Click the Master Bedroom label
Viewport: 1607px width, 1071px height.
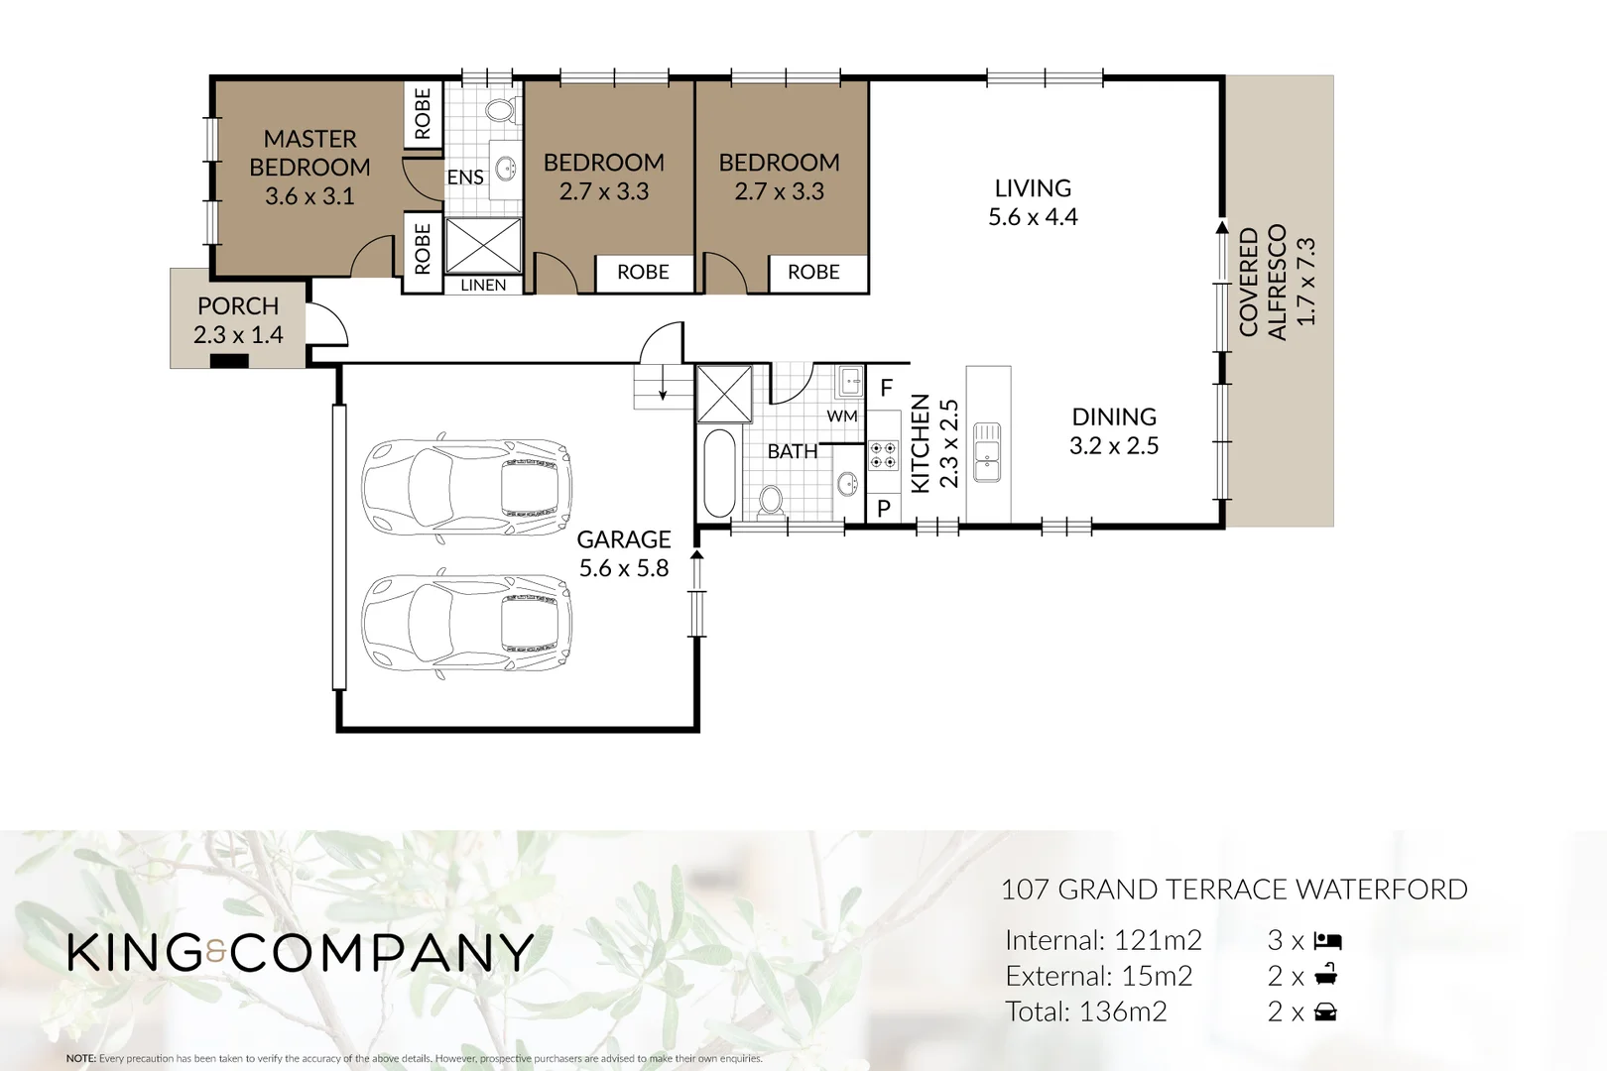(309, 153)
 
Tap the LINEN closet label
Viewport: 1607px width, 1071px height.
(483, 285)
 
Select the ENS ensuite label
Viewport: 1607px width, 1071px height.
(464, 178)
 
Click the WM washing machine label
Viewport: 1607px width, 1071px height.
(841, 416)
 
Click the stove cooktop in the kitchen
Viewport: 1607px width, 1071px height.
(883, 455)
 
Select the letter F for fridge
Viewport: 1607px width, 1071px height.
(887, 388)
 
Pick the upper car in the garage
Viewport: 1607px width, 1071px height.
(466, 488)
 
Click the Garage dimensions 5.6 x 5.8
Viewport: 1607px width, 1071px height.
(624, 568)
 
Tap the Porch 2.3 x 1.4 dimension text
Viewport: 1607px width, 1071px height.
(238, 335)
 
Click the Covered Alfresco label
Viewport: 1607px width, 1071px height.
(1262, 283)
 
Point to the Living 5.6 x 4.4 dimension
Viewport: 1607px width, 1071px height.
(1033, 217)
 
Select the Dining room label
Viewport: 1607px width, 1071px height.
(1114, 416)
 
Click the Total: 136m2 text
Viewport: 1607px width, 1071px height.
(1085, 1011)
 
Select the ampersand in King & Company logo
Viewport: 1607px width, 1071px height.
(217, 954)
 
